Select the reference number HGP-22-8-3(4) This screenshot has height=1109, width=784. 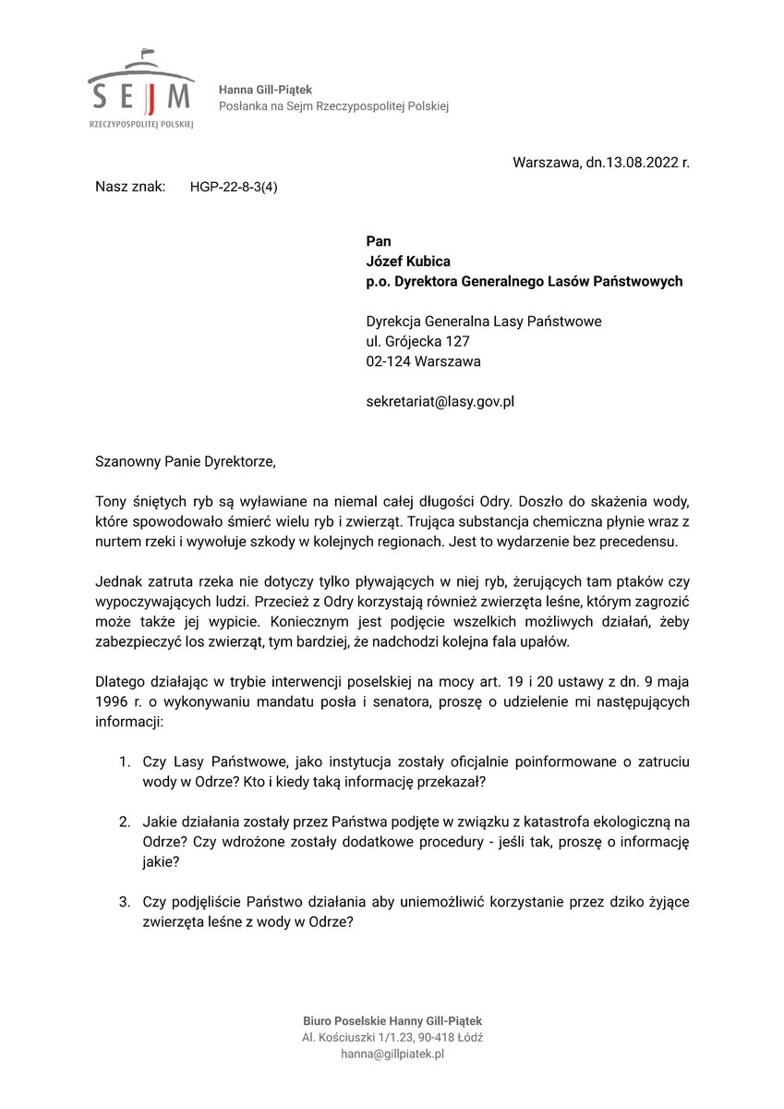tap(234, 187)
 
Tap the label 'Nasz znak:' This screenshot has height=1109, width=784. tap(130, 187)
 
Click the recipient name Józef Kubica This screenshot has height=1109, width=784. tap(408, 262)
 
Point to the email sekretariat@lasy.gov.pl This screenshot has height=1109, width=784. tap(440, 402)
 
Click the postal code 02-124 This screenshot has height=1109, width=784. tap(388, 361)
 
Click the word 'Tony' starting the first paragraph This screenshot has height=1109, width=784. tap(112, 501)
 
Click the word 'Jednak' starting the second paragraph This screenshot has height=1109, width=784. tap(116, 582)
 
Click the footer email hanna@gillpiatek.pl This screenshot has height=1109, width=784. tap(392, 1054)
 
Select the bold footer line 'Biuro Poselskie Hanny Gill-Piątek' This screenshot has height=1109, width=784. tap(392, 1020)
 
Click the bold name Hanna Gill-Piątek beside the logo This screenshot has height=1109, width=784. tap(265, 90)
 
